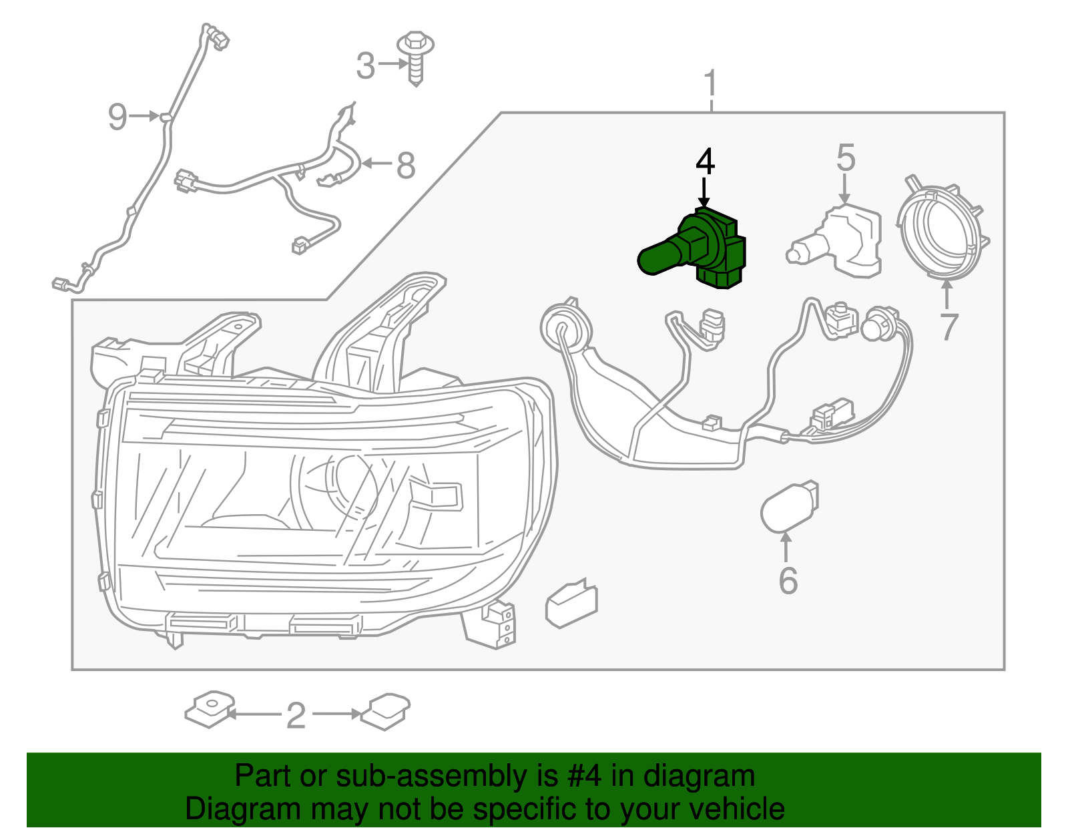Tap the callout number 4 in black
[705, 162]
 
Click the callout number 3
[365, 66]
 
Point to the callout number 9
[117, 117]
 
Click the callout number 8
[406, 165]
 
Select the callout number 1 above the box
[711, 84]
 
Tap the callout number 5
[845, 158]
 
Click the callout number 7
[949, 327]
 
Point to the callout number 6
[788, 580]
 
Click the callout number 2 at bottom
[296, 716]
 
